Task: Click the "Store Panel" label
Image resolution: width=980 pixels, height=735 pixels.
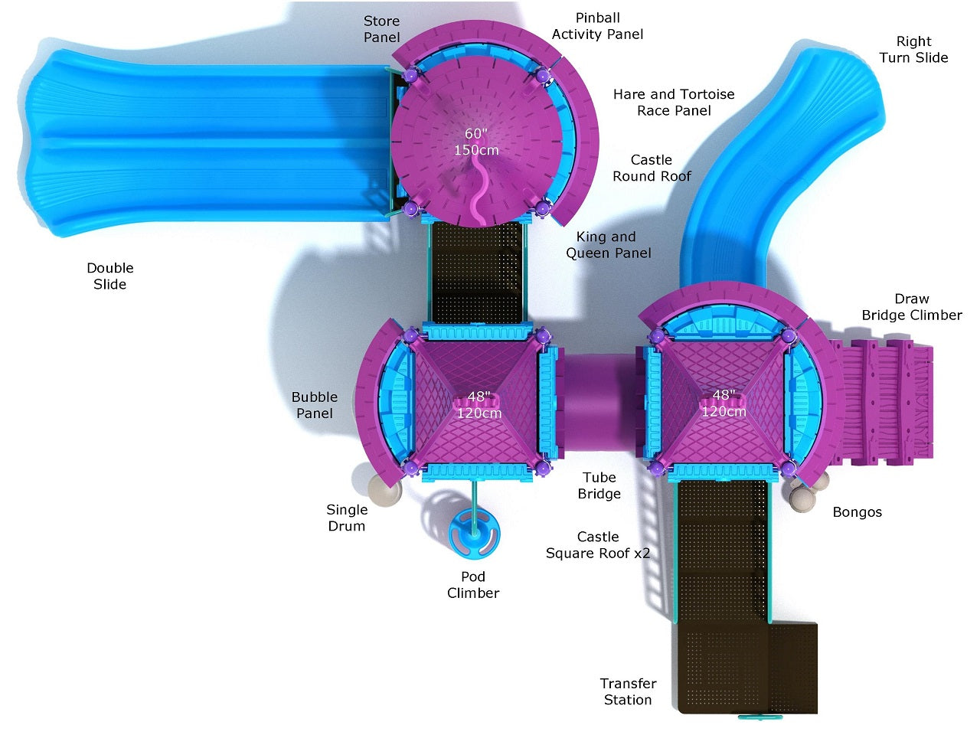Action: [x=381, y=29]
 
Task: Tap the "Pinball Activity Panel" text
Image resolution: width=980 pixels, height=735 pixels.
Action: [x=597, y=26]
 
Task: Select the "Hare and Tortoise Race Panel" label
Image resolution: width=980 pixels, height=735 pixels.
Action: [x=674, y=102]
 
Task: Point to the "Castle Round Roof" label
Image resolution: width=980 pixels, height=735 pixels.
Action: [x=652, y=168]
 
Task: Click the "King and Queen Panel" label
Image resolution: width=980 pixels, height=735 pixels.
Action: [x=608, y=244]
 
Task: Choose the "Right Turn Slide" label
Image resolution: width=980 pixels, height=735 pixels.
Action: [x=913, y=49]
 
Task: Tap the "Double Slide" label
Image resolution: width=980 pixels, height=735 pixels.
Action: [x=109, y=276]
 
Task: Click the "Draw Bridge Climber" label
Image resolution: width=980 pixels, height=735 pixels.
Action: [x=912, y=306]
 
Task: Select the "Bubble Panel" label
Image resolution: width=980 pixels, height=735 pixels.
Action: [x=315, y=405]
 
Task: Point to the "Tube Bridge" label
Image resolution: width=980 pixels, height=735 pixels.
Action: [x=599, y=485]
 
